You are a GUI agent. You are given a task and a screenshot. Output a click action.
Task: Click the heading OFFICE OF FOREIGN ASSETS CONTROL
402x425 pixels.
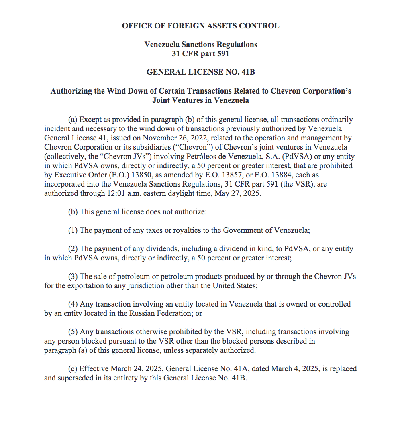point(200,26)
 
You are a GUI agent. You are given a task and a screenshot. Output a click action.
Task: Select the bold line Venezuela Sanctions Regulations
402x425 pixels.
point(200,44)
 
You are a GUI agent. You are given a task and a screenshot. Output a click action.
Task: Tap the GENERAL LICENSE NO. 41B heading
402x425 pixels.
point(200,72)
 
